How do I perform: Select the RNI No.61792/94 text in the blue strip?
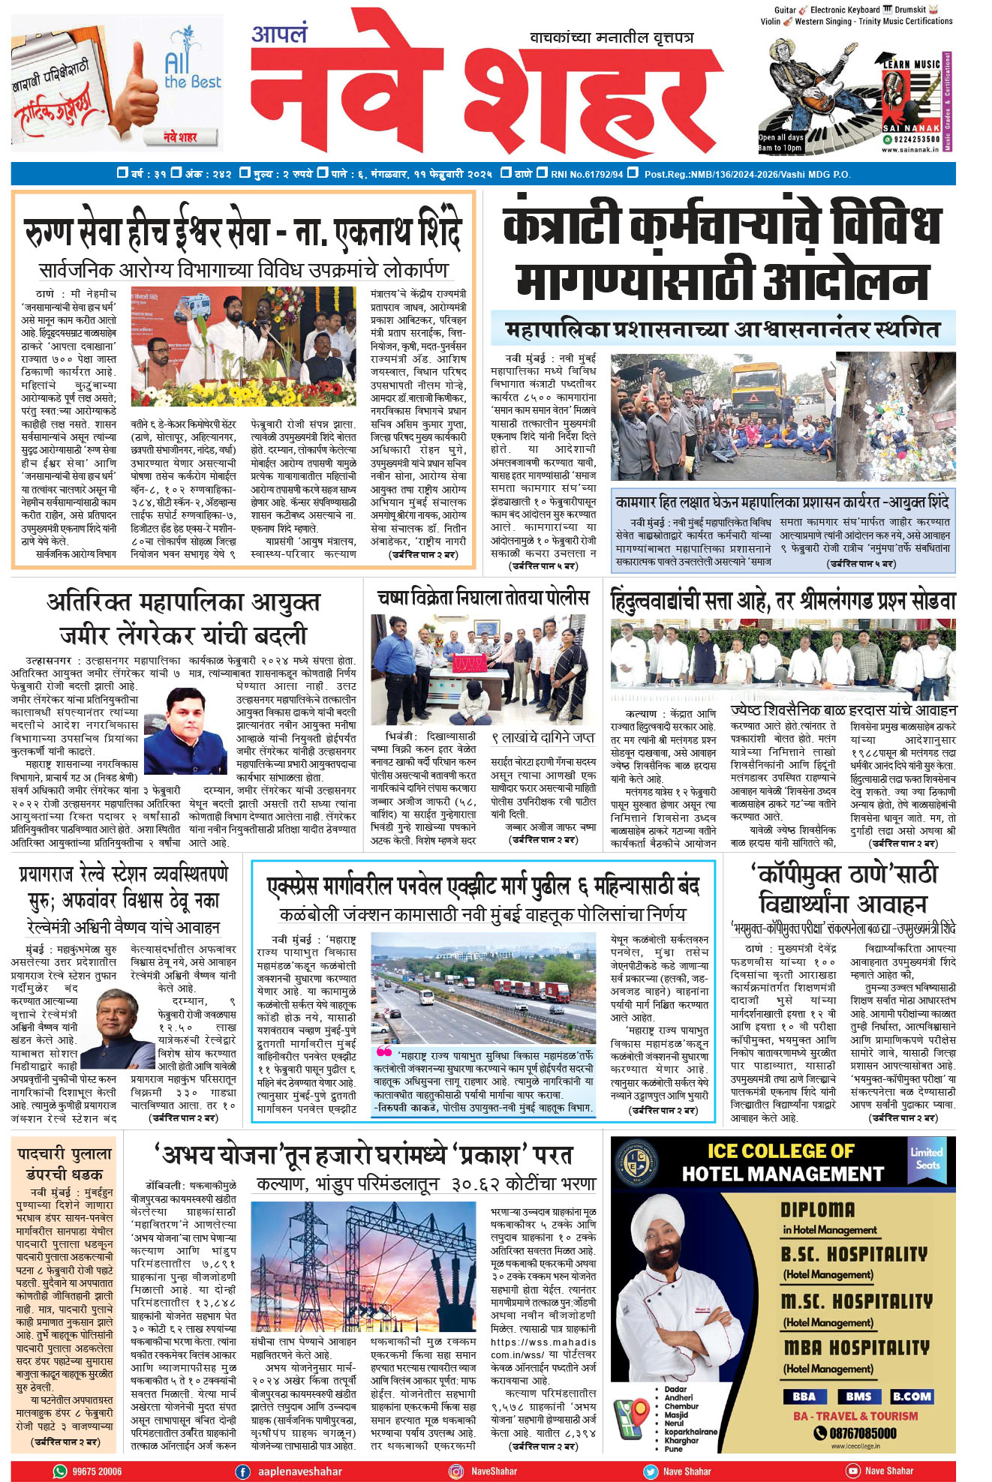coord(587,174)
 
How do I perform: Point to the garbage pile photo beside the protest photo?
coord(897,416)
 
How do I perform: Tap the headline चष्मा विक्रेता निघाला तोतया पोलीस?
coord(483,598)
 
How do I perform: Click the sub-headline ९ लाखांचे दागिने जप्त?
coord(543,738)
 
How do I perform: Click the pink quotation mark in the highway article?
coord(383,1051)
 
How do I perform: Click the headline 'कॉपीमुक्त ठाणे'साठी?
coord(844,874)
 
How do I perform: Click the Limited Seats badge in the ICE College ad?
coord(927,1157)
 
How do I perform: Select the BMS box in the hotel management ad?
coord(858,1396)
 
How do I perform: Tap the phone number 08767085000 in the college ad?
coord(855,1433)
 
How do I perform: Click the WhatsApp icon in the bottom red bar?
coord(60,1471)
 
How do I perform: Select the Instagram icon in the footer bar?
coord(455,1471)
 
